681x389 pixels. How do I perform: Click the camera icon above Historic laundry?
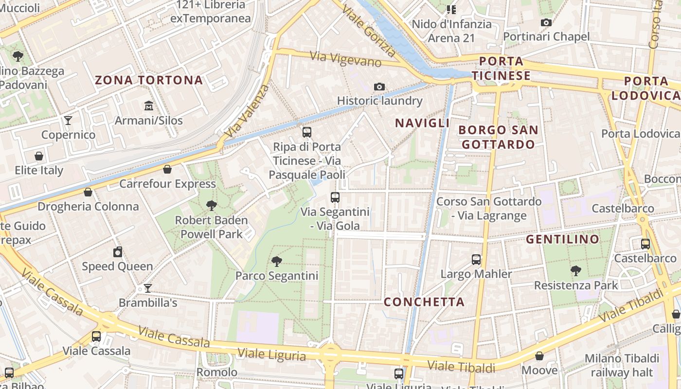(379, 87)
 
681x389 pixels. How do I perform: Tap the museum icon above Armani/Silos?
(149, 106)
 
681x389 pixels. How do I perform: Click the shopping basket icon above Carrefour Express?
(167, 169)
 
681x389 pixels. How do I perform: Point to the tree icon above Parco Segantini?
(277, 262)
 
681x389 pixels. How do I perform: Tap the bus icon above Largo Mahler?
(476, 260)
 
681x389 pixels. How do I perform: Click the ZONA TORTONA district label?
(149, 80)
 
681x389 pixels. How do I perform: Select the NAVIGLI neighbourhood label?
(422, 123)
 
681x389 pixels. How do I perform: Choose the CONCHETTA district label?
(424, 302)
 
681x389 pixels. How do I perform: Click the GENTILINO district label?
(562, 239)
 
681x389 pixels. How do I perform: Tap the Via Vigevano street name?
(346, 59)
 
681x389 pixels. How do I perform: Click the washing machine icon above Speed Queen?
(117, 252)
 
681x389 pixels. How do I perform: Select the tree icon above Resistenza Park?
(576, 270)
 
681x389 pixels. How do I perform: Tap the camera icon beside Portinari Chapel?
(546, 22)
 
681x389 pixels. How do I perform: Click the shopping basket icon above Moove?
(539, 356)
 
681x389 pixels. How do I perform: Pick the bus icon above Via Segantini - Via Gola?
(335, 197)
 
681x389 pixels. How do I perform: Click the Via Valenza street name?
(248, 111)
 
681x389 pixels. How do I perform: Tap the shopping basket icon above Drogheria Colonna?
(88, 192)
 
